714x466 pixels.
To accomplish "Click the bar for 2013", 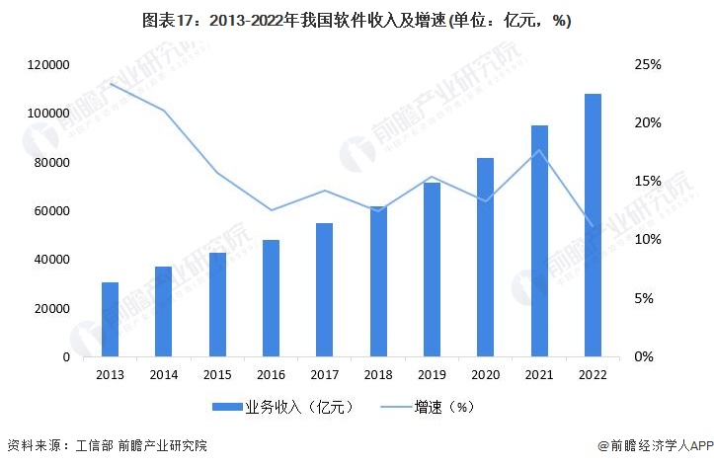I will click(x=110, y=319).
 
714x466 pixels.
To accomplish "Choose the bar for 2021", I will click(x=539, y=241).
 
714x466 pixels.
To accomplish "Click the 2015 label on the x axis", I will click(x=217, y=374).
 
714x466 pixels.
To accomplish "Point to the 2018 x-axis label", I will click(x=378, y=374).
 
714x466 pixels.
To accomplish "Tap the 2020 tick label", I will click(x=486, y=374).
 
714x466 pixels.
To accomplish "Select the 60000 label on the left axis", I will click(x=50, y=211).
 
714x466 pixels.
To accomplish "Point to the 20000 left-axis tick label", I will click(x=50, y=308).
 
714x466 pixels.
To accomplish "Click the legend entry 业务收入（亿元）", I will click(x=282, y=406).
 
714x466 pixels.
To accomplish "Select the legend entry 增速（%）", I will click(x=442, y=406).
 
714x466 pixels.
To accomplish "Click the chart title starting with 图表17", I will click(x=357, y=21).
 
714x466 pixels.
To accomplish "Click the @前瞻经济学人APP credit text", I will click(x=652, y=446).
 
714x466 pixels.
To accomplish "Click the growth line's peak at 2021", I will click(x=539, y=150).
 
